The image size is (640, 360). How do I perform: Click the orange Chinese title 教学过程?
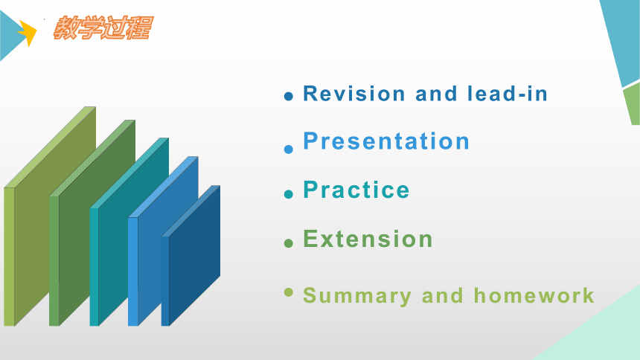103,28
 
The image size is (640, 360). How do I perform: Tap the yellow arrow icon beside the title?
28,33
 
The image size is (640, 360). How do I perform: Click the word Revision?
354,94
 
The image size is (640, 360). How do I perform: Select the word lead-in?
508,94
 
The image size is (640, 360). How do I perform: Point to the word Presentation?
386,141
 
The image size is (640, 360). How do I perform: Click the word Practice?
356,190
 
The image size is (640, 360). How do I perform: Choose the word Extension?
368,239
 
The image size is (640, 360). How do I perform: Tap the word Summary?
357,296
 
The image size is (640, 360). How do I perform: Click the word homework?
534,295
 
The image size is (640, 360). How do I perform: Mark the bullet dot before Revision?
289,97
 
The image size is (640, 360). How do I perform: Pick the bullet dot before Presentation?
289,150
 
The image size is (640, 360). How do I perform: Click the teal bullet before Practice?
289,194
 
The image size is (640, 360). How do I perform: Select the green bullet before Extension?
289,243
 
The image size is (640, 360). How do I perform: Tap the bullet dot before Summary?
289,292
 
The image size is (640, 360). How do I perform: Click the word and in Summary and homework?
443,295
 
